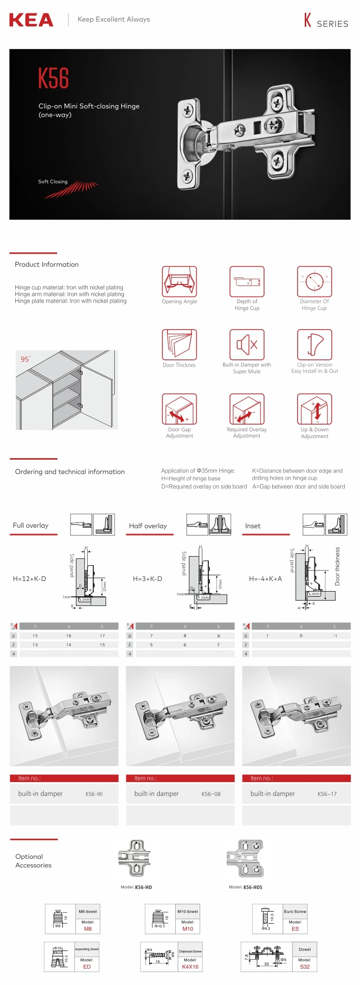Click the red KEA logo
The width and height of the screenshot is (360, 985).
[31, 20]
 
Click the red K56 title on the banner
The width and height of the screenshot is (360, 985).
[54, 78]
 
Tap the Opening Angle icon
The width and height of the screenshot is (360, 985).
[180, 282]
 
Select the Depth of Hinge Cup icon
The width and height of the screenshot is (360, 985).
[247, 282]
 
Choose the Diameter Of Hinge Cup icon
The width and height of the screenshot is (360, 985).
[314, 282]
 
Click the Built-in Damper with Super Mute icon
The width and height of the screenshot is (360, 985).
[247, 344]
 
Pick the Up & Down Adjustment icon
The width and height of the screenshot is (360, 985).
[314, 409]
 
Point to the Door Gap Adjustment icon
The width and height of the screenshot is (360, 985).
[180, 409]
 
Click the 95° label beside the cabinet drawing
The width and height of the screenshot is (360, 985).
[25, 359]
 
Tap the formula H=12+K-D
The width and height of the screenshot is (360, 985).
[29, 579]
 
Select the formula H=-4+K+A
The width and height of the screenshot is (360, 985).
[265, 579]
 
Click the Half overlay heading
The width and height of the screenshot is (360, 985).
[148, 526]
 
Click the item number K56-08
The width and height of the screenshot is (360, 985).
[211, 794]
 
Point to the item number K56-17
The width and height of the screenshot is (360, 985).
[327, 794]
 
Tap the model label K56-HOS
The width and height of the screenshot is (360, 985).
[252, 887]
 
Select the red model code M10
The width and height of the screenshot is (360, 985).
[188, 929]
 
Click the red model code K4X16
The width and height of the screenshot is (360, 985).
[190, 967]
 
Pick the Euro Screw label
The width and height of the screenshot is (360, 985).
[295, 912]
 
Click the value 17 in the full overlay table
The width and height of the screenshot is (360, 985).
[102, 636]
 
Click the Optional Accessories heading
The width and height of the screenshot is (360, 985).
[33, 861]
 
